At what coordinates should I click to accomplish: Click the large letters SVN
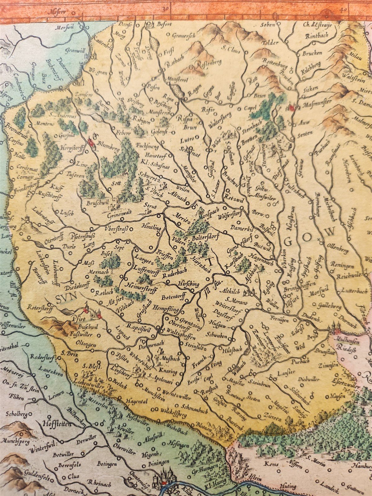tap(67, 299)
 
